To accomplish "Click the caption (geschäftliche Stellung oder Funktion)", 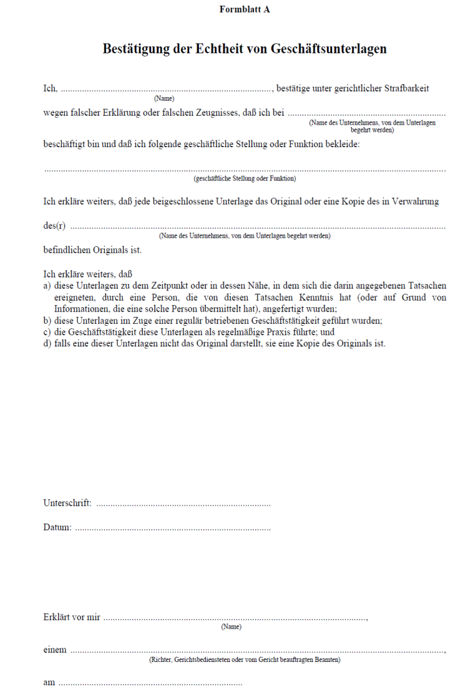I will coord(244,178).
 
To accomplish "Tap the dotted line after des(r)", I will coord(257,228).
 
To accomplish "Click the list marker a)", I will coord(48,285).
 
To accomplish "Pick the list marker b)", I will coord(48,320).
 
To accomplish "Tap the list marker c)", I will coord(48,332).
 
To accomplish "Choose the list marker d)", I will coord(48,343).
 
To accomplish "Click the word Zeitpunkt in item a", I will coord(167,285).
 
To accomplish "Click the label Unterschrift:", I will coord(67,503).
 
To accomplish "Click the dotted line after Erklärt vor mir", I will coord(235,619).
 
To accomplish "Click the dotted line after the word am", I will coord(150,683).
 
